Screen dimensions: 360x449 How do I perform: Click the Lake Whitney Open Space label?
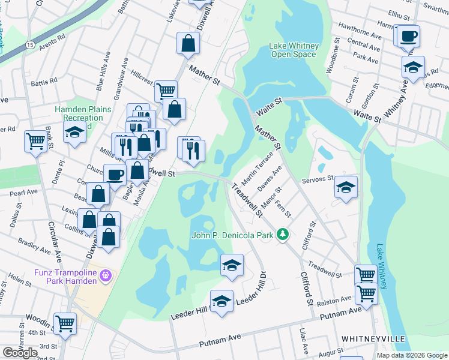coord(292,50)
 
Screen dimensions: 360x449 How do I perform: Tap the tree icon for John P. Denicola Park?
coord(283,235)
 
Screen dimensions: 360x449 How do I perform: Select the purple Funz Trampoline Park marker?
coord(107,275)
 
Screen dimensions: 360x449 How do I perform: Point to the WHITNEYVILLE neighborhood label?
coord(373,339)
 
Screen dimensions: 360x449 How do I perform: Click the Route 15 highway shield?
coord(30,44)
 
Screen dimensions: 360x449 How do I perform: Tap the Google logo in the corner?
coord(20,353)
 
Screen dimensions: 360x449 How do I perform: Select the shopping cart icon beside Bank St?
coord(35,142)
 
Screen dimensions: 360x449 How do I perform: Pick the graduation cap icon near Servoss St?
coord(346,187)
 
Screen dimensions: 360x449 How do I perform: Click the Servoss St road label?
coord(318,179)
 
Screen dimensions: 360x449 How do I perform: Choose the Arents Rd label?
coord(52,41)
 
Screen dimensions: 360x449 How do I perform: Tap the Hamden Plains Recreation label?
coord(79,114)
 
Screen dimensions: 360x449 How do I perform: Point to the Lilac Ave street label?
coord(306,342)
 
